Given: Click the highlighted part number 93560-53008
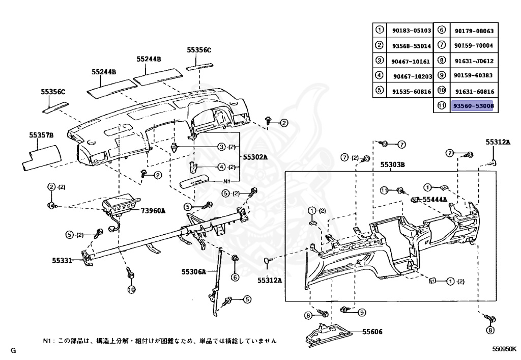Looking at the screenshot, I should point(473,105).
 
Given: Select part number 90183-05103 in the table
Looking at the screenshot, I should point(411,31).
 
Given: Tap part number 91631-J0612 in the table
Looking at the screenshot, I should point(474,61).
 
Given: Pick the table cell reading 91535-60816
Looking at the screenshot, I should point(411,91).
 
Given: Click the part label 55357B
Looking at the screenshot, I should point(41,135).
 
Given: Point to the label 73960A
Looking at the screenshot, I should point(153,210).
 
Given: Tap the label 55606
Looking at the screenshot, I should point(373,331).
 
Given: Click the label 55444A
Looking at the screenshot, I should point(435,200).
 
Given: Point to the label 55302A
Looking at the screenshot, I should point(255,157).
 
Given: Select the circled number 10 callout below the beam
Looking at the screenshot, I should point(131,290).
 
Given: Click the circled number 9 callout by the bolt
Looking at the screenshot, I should point(362,312).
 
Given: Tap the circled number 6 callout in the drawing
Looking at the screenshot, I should point(235,278).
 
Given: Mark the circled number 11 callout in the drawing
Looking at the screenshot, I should point(385,190).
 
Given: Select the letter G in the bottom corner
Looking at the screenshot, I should point(13,350).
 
